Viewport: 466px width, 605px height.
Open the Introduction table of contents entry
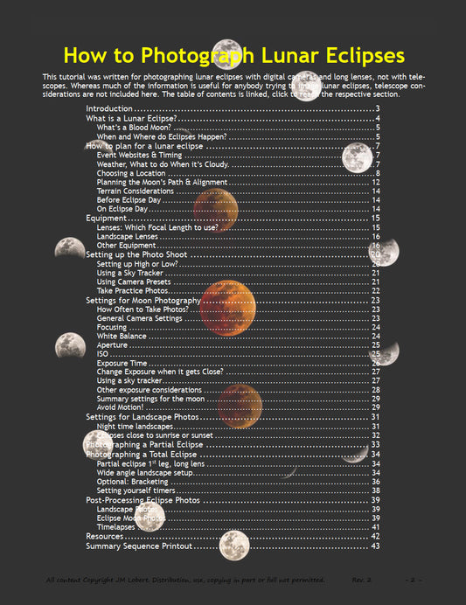109,108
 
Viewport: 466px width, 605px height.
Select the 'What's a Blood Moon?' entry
135,127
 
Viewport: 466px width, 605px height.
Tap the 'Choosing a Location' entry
133,173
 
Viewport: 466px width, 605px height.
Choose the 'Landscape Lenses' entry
128,237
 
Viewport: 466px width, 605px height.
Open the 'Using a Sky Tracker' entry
132,274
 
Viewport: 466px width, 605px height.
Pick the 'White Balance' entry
122,337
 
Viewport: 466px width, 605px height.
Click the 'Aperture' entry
113,345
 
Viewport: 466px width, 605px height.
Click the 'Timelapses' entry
116,527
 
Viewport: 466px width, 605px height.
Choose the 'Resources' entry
104,536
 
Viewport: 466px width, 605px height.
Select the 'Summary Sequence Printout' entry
138,546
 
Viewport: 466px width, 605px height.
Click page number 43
375,546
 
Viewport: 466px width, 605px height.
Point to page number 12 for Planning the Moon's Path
375,182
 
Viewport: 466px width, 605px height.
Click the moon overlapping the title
226,50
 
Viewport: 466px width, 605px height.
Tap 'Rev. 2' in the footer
362,581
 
